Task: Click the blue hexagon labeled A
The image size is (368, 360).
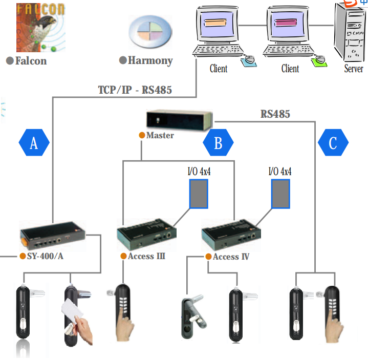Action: (34, 143)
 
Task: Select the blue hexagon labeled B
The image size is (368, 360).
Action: (218, 143)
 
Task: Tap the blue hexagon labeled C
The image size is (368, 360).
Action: (333, 143)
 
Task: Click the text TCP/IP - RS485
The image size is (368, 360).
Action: (135, 90)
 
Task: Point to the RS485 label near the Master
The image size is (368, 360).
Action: (275, 114)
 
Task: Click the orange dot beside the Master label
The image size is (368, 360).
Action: (142, 136)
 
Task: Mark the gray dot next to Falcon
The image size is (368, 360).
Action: (9, 61)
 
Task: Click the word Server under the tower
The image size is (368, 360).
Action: (353, 69)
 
